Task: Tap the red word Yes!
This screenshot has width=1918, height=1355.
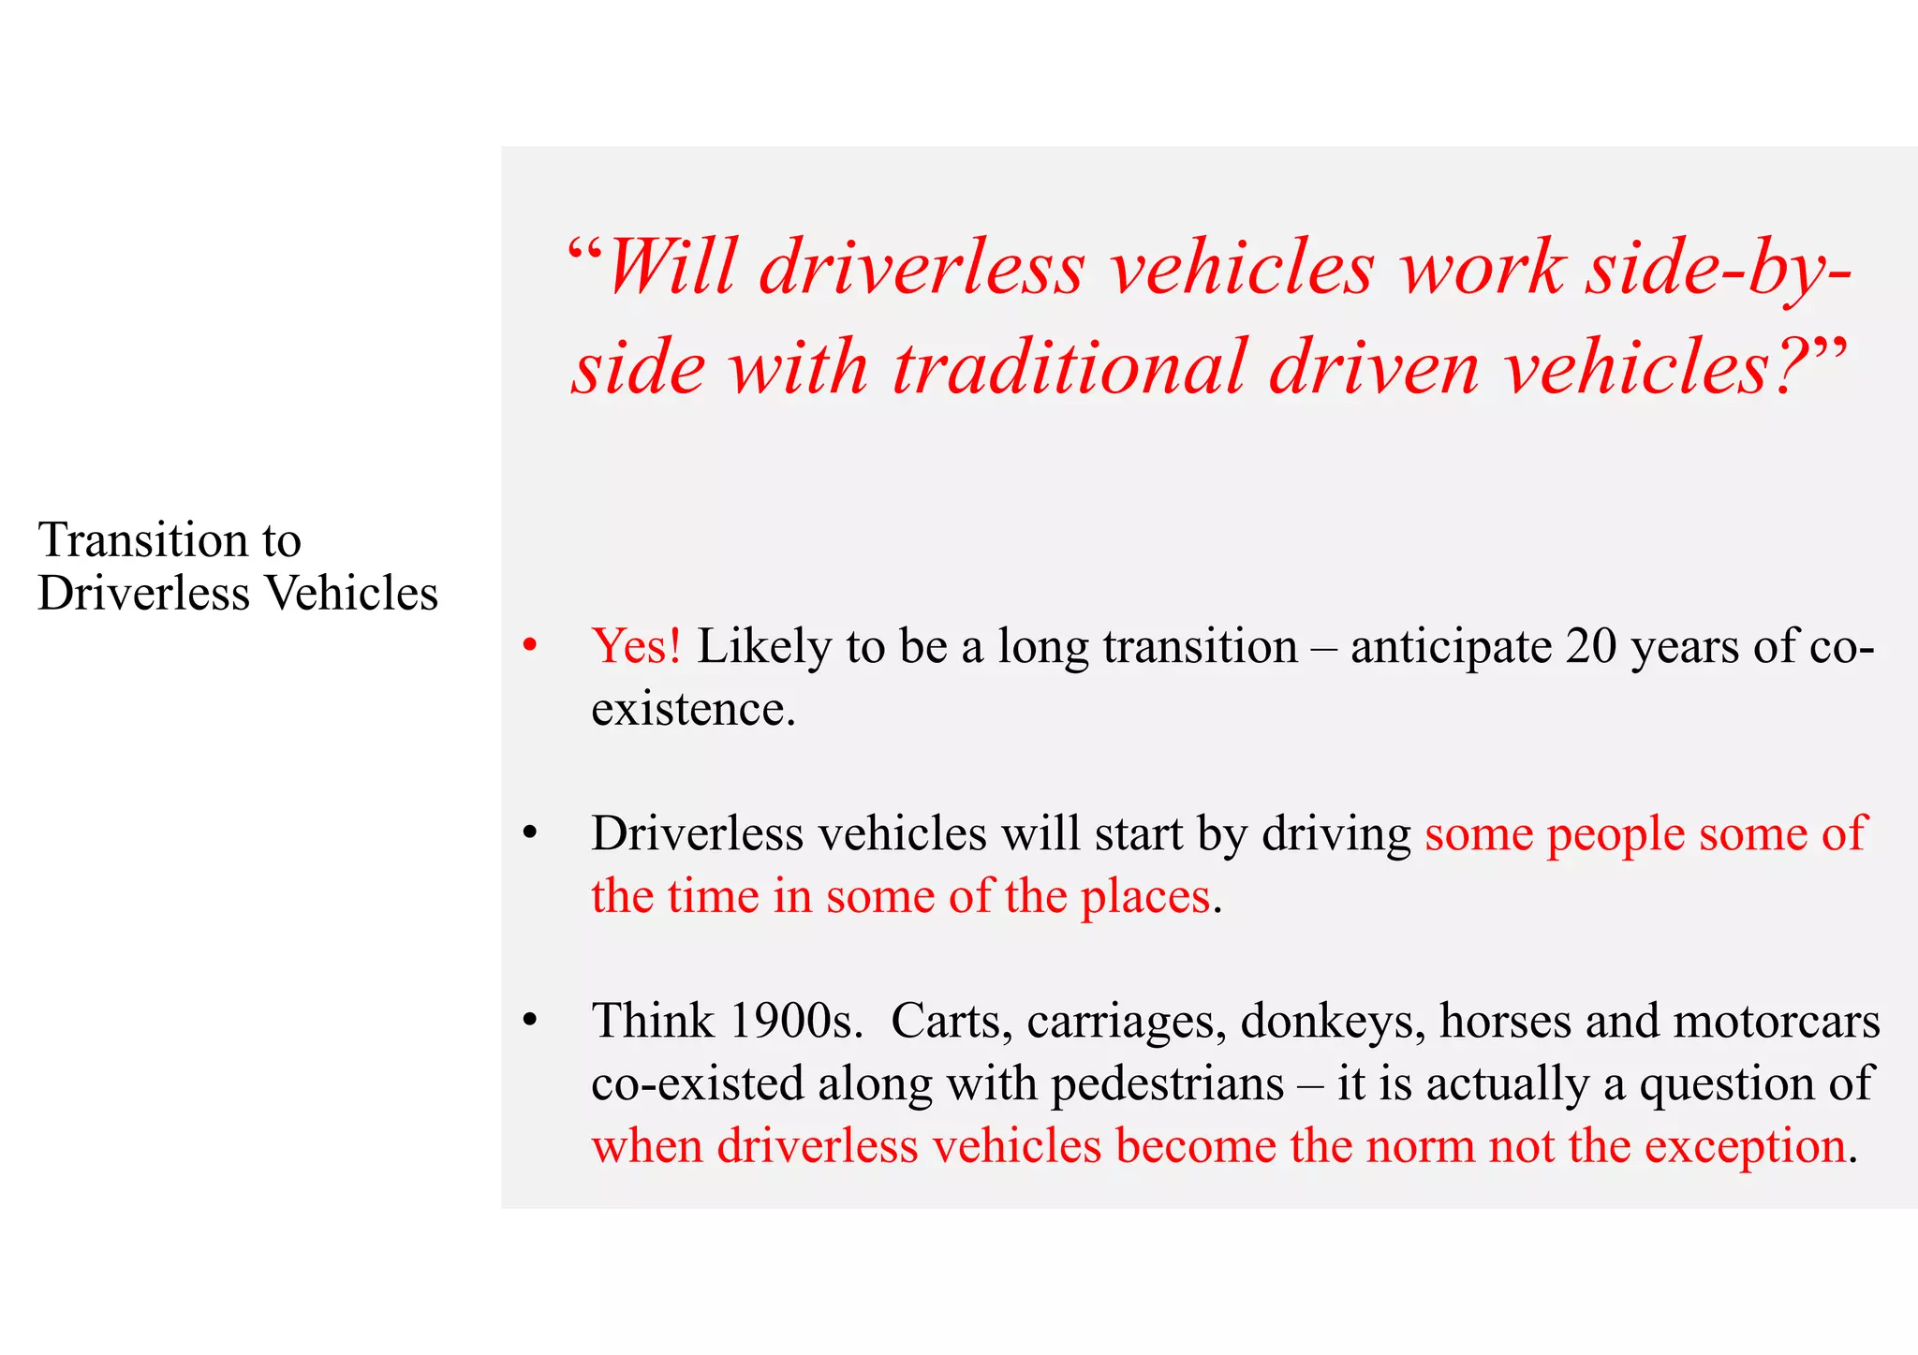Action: (636, 647)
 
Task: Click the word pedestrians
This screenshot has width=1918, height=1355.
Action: (1167, 1084)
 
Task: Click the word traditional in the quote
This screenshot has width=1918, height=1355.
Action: (1069, 367)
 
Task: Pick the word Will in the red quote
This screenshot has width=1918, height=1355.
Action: (671, 268)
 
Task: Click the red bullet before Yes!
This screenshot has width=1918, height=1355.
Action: (530, 645)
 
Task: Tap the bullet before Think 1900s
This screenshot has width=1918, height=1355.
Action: (530, 1020)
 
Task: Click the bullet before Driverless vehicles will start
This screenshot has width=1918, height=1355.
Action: (530, 832)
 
